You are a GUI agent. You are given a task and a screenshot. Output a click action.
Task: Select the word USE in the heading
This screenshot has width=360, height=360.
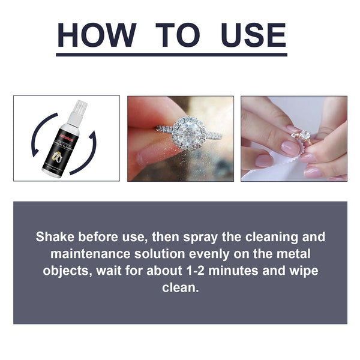253,35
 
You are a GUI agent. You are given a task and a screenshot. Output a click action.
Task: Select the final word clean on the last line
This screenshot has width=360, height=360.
180,288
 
